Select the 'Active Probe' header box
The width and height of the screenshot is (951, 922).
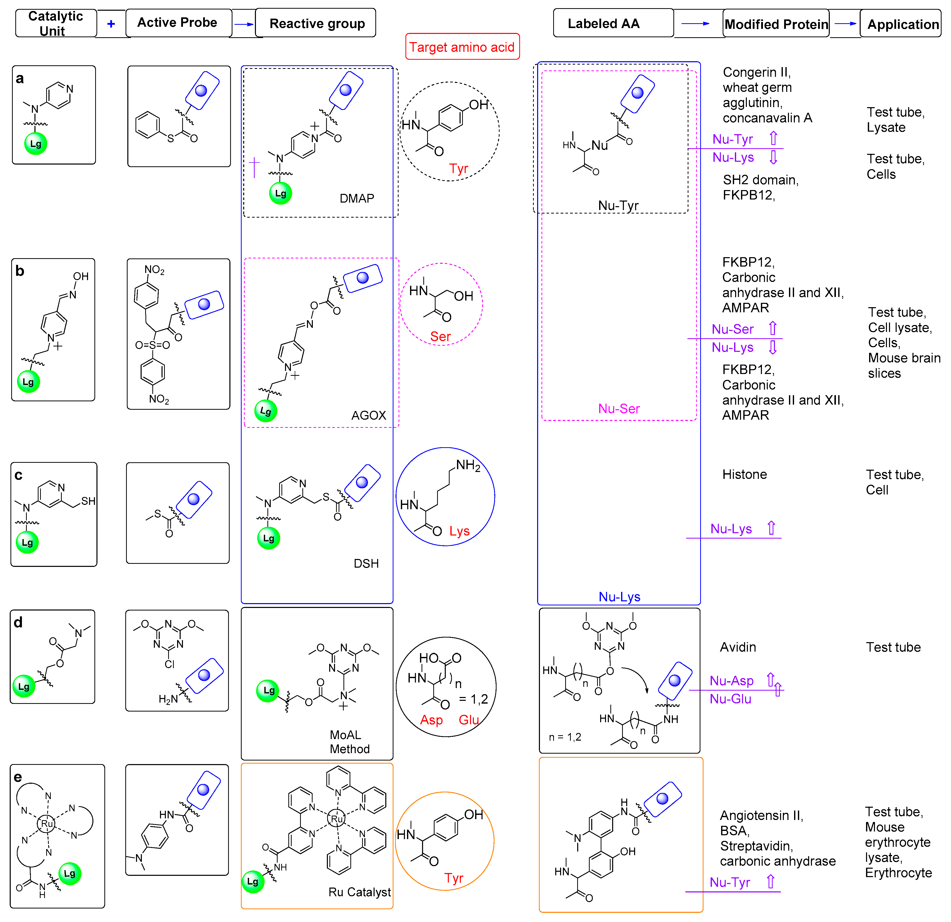[178, 23]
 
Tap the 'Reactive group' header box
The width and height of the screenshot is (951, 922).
[316, 23]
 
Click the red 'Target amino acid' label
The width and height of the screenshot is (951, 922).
[462, 47]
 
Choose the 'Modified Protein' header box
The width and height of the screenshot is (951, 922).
[776, 24]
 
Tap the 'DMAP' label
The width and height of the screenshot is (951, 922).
[357, 198]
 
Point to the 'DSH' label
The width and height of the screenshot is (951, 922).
[366, 564]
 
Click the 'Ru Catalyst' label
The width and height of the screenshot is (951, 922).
[360, 892]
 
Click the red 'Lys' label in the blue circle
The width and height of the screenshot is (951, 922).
[459, 531]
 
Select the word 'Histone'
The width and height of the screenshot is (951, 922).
[744, 474]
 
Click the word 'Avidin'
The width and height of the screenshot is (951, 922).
[737, 647]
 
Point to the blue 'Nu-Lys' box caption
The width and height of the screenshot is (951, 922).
[619, 596]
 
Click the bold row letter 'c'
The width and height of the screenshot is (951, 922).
[18, 475]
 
